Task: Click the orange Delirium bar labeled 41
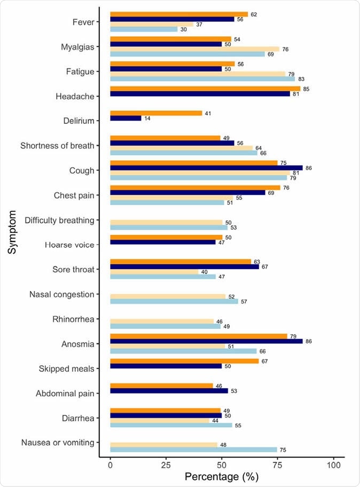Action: click(x=156, y=113)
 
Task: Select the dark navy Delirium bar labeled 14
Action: click(x=126, y=118)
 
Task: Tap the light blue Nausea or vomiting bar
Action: click(x=193, y=450)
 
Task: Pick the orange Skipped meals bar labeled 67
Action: click(x=185, y=361)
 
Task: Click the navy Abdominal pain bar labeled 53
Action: click(x=169, y=390)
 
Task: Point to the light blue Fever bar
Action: click(x=144, y=29)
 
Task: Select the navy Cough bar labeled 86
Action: click(x=206, y=168)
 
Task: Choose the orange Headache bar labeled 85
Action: click(x=205, y=89)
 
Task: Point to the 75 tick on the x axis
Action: click(x=278, y=465)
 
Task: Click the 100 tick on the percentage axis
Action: click(x=333, y=465)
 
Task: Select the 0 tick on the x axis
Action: click(x=110, y=465)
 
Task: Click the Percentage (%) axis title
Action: click(x=222, y=477)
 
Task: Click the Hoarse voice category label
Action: click(x=62, y=245)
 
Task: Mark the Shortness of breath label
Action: click(x=57, y=146)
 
